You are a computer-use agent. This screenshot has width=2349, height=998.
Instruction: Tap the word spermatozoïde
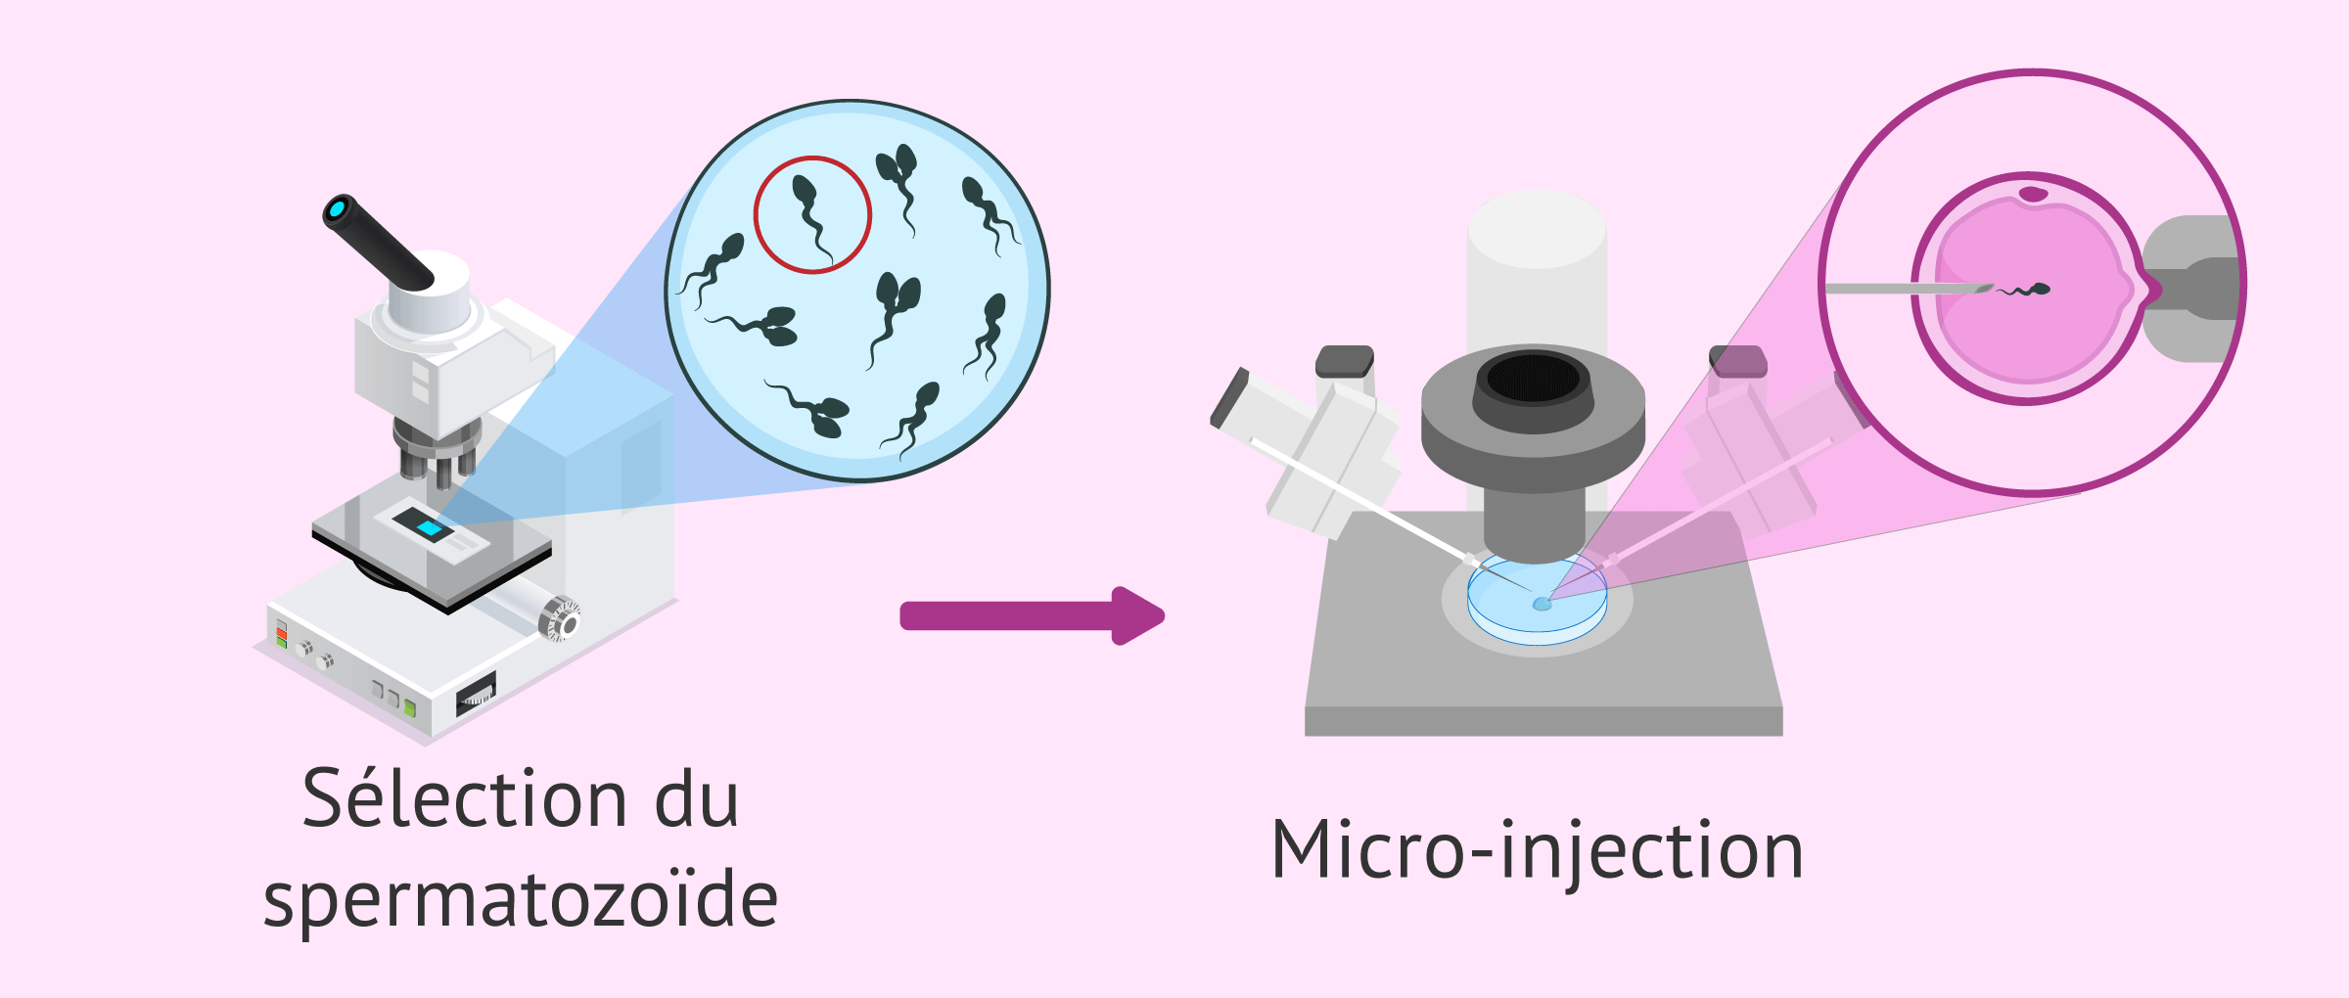pyautogui.click(x=521, y=900)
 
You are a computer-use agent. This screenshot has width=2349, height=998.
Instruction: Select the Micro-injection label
pyautogui.click(x=1537, y=850)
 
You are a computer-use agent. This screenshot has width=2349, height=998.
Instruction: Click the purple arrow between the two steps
pyautogui.click(x=1028, y=615)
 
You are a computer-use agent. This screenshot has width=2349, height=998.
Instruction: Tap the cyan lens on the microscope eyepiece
pyautogui.click(x=339, y=208)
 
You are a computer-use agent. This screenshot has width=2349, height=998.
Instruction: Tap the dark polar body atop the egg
pyautogui.click(x=2033, y=194)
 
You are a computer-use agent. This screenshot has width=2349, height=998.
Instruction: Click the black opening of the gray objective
pyautogui.click(x=1533, y=378)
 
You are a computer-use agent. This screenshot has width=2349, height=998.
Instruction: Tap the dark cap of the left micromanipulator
pyautogui.click(x=1345, y=361)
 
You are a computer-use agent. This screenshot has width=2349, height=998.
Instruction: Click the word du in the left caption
pyautogui.click(x=696, y=799)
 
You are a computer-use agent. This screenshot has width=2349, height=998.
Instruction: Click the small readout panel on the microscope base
pyautogui.click(x=477, y=694)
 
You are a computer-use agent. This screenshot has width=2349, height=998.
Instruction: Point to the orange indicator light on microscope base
pyautogui.click(x=282, y=633)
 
